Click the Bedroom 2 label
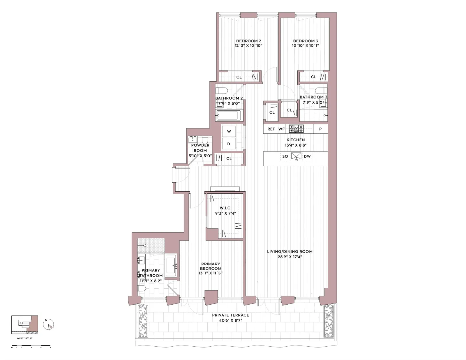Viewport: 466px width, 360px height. point(248,41)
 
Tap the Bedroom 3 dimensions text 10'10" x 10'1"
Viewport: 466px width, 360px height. point(306,46)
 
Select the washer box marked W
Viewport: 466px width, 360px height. point(229,132)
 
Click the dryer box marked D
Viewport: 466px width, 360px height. point(229,144)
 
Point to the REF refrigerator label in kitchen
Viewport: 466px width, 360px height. point(271,129)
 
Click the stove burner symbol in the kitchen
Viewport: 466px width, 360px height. point(296,129)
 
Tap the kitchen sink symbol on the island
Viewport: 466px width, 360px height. point(296,156)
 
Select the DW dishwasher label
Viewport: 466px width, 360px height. point(307,156)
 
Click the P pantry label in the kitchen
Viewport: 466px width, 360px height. point(320,129)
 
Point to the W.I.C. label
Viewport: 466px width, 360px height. point(225,208)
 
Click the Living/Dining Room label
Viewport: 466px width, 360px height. point(290,252)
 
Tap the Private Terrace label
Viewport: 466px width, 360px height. point(230,315)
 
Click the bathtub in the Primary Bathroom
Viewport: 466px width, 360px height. point(171,266)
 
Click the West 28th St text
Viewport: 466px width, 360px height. point(25,338)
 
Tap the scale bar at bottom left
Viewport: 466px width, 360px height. point(31,346)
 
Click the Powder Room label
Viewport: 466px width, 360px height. point(200,148)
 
